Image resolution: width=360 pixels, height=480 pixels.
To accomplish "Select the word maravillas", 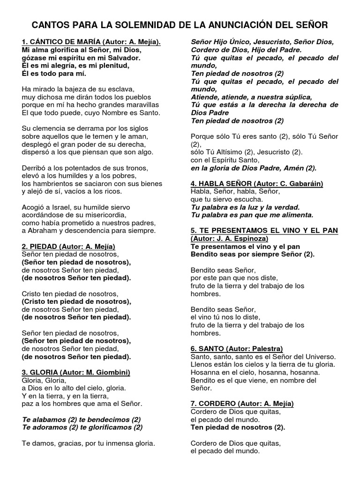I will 140,105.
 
